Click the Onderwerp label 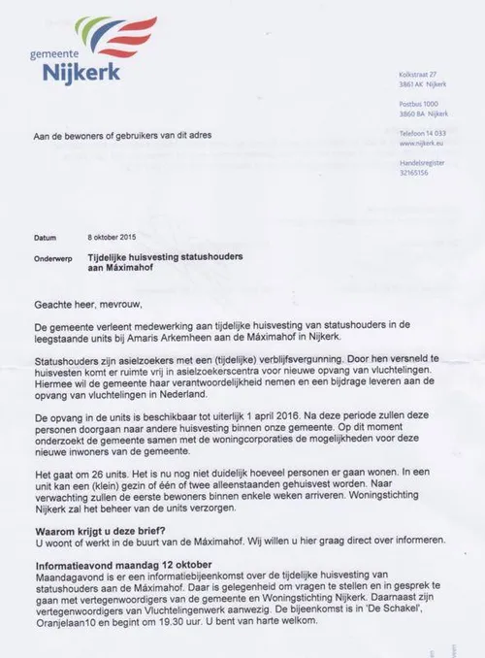[x=53, y=256]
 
